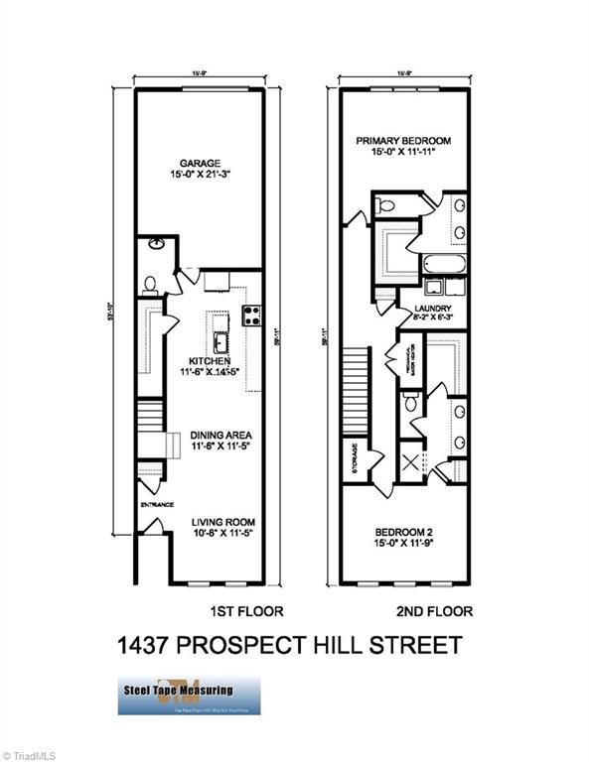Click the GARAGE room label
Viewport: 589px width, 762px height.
click(x=199, y=163)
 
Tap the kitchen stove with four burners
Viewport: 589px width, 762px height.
click(x=252, y=316)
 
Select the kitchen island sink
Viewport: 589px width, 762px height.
click(x=222, y=343)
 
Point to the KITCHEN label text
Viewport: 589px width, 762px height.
click(x=206, y=361)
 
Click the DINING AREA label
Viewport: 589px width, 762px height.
click(x=208, y=435)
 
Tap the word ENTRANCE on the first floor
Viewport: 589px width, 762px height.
click(x=157, y=503)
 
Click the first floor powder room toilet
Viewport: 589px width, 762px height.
click(x=150, y=285)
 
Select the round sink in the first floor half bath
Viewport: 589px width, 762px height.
click(x=157, y=244)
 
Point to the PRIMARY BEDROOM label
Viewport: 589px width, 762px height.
click(x=403, y=141)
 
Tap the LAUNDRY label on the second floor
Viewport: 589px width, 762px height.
click(x=432, y=309)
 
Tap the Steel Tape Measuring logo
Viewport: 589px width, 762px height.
click(x=189, y=695)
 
